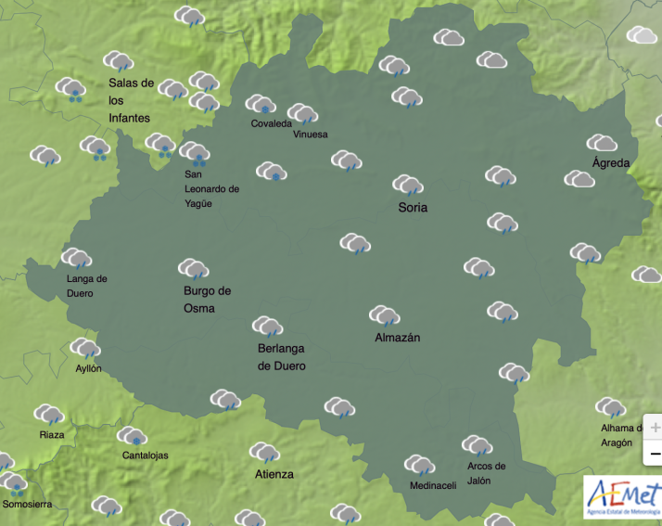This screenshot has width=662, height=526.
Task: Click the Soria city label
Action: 413,207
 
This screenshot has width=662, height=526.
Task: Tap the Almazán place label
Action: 397,338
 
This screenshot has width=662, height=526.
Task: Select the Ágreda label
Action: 610,163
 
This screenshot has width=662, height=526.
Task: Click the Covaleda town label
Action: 271,123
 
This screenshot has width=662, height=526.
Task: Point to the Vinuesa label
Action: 310,134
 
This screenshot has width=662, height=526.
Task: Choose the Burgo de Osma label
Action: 207,299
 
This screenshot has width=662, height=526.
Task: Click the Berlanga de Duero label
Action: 281,357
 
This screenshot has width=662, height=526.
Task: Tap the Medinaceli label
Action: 432,486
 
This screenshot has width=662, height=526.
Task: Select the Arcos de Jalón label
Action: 486,473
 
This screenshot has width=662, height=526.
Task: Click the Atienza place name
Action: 274,475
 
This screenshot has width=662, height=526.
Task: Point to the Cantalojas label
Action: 146,455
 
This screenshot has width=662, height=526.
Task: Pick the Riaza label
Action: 52,435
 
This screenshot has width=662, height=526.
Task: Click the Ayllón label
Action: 88,368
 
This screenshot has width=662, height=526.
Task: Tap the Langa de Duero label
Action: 87,286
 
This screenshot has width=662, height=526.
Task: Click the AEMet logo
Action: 622,496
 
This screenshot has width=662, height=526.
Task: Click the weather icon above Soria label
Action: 408,185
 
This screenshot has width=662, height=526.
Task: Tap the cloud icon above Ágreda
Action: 603,143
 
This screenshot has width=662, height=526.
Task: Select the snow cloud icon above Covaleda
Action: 261,104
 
